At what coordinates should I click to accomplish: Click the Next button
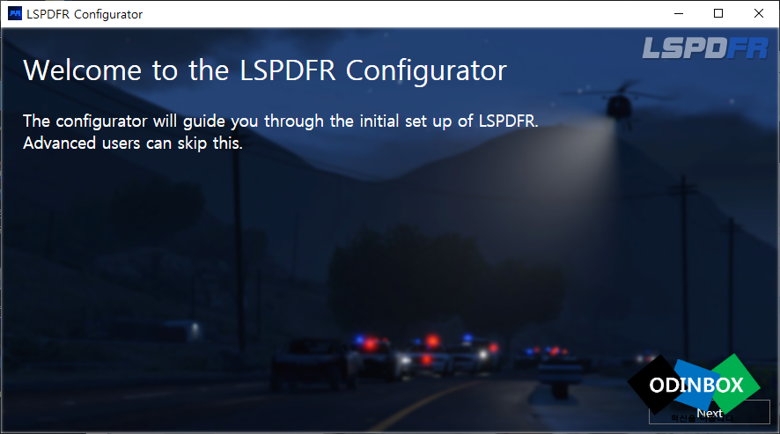tap(709, 413)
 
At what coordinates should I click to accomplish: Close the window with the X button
tap(758, 14)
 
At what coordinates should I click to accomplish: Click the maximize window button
tap(718, 14)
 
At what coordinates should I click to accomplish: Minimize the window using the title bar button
tap(679, 14)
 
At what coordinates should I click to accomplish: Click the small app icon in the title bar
tap(15, 14)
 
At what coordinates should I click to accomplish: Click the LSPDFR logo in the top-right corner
tap(705, 48)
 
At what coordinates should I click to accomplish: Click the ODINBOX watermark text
tap(696, 386)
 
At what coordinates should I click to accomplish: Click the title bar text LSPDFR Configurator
tap(85, 14)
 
